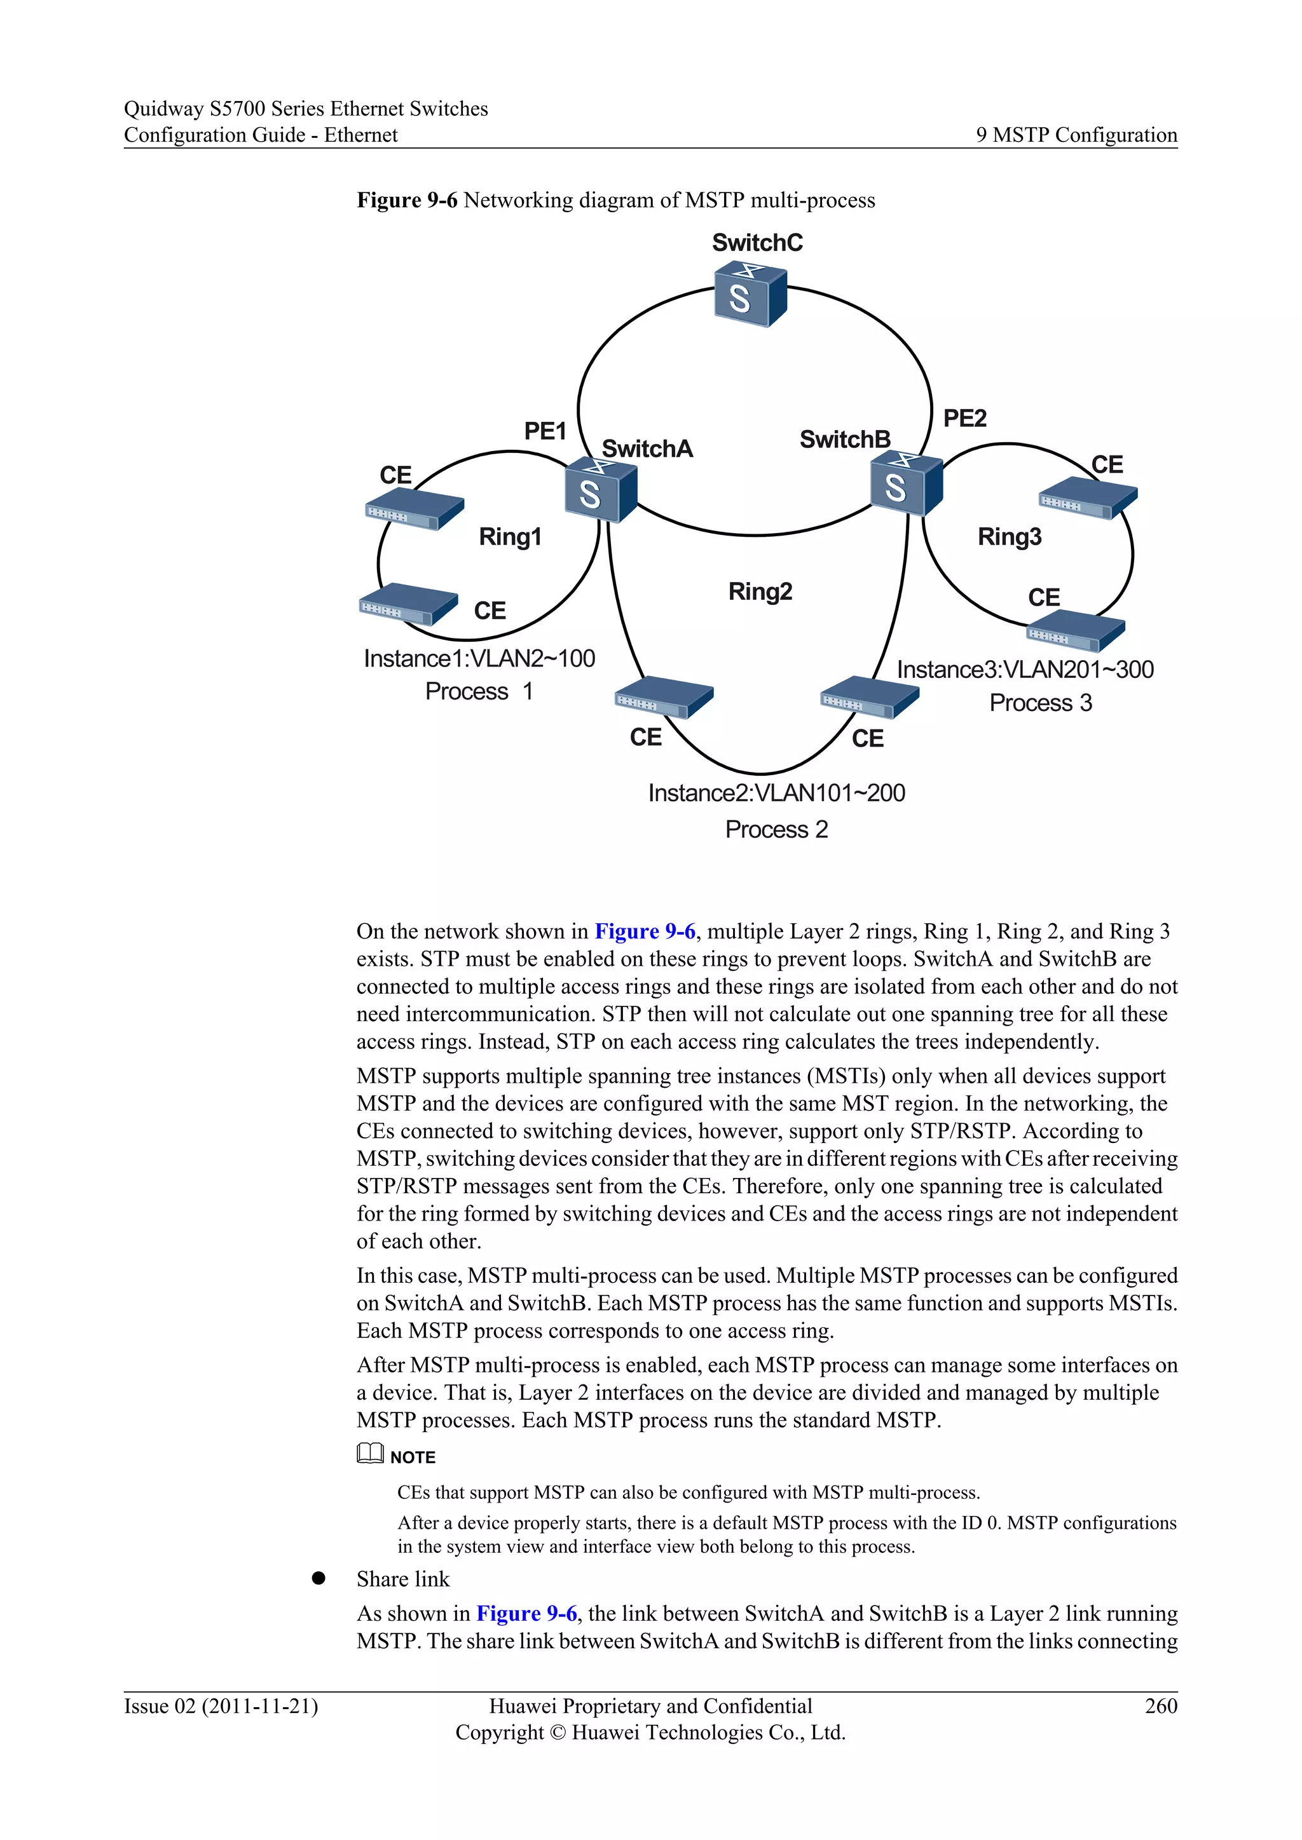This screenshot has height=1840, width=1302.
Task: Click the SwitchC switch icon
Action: pos(750,295)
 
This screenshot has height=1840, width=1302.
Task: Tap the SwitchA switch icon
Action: pos(601,489)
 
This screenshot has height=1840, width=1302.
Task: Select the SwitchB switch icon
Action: pos(906,482)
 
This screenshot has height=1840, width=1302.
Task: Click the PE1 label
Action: pos(545,431)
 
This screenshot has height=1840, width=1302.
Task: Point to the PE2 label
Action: pos(964,417)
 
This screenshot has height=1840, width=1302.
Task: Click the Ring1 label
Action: pos(510,536)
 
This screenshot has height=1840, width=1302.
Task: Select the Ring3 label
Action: pos(1010,536)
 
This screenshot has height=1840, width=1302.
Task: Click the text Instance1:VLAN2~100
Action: pos(479,658)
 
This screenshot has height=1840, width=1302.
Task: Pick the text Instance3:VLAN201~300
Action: pos(1025,669)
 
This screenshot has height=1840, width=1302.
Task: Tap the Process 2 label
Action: pos(776,829)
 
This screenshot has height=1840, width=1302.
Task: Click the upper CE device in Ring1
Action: pos(415,509)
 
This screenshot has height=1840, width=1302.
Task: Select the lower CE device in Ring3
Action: pos(1075,630)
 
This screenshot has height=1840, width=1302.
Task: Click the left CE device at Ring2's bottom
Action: pos(664,696)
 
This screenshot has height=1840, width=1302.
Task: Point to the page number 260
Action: pos(1161,1705)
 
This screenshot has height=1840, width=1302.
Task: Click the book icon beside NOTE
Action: pos(369,1453)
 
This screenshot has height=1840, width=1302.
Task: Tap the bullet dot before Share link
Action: pos(319,1578)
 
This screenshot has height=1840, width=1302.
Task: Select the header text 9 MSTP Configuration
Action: pos(1076,135)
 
